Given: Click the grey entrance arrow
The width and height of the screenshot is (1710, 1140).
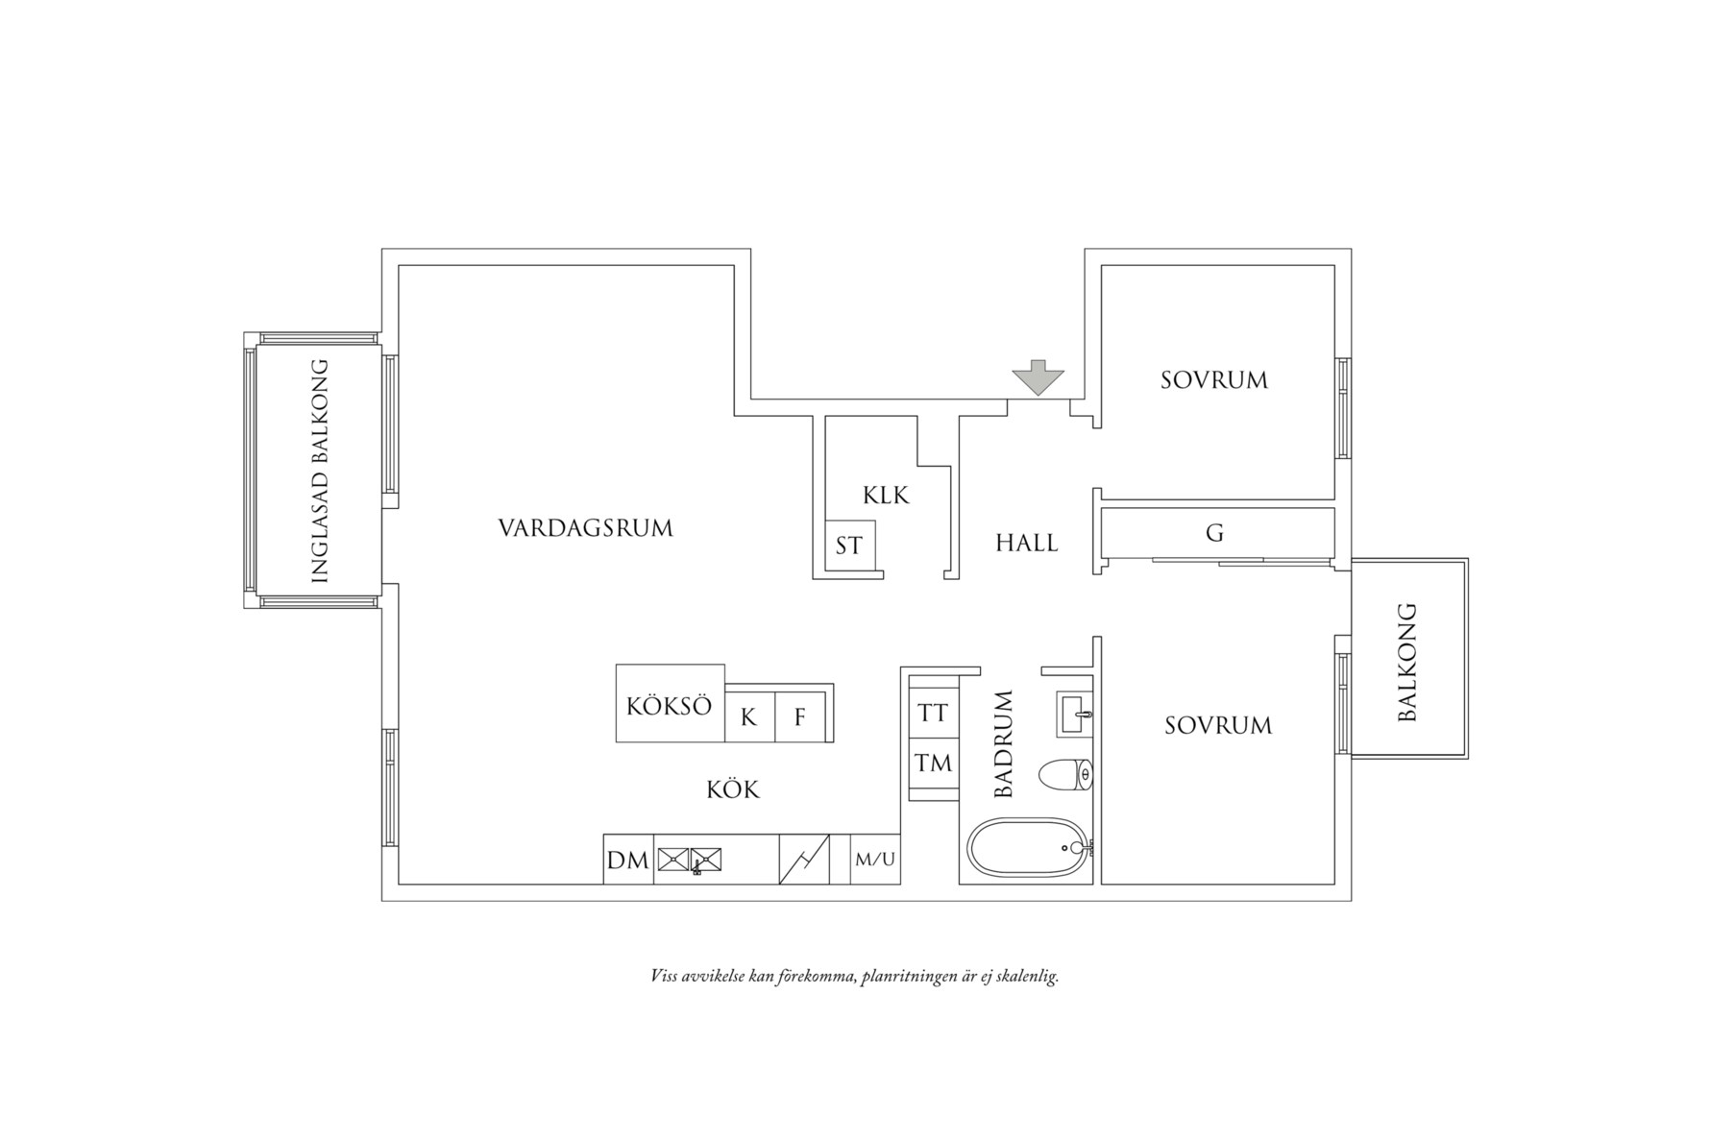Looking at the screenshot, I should (x=1038, y=377).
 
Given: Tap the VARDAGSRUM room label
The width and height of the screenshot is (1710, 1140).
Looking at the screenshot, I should (x=585, y=528).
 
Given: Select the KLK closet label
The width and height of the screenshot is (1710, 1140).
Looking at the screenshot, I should (x=885, y=496).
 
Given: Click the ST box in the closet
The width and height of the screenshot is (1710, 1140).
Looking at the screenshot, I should (x=848, y=546).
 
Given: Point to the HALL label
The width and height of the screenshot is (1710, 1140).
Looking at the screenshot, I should (x=1026, y=544).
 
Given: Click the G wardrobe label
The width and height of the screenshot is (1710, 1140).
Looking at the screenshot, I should (x=1214, y=533).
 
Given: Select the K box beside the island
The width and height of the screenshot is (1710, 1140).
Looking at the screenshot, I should (x=748, y=716).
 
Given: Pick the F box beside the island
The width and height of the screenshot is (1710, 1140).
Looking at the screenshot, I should (x=799, y=716).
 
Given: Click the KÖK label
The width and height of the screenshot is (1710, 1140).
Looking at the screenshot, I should (x=732, y=790).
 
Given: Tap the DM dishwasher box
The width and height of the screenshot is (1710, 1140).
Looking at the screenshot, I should (x=627, y=861).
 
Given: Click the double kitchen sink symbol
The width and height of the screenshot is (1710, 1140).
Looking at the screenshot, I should (x=689, y=860).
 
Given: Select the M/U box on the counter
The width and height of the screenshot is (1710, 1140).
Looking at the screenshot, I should (x=874, y=860).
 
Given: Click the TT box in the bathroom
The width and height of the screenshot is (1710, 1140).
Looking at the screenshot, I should (x=933, y=714).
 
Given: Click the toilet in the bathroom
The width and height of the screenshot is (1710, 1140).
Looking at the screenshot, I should (x=1065, y=774).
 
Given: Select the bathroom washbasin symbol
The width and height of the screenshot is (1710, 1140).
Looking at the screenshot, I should (x=1075, y=714).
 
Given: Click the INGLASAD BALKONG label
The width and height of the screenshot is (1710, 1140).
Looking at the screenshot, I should (x=321, y=471).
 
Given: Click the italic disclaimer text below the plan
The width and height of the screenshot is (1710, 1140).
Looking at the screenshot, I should (x=854, y=978).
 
